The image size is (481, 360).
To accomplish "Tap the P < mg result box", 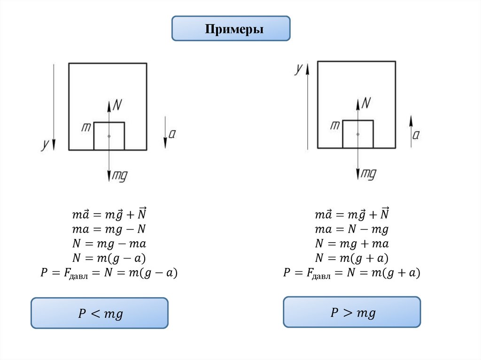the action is [100, 313].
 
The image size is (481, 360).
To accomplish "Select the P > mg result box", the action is [352, 312].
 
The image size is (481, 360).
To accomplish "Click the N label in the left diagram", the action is [117, 104].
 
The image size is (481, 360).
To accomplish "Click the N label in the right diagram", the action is [366, 102].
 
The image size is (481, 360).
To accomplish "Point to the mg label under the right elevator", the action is [368, 174].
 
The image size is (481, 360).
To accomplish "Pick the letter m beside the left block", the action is [86, 127].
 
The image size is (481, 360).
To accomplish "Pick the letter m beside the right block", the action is [335, 125].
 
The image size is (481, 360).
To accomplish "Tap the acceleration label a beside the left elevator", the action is [172, 134].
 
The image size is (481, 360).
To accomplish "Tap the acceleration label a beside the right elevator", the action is [416, 135].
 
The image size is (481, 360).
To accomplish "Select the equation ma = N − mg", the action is [352, 229].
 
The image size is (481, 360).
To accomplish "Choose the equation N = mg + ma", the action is [352, 244].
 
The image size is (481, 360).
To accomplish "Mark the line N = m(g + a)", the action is [352, 258].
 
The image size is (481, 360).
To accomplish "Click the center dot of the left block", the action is [109, 136].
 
